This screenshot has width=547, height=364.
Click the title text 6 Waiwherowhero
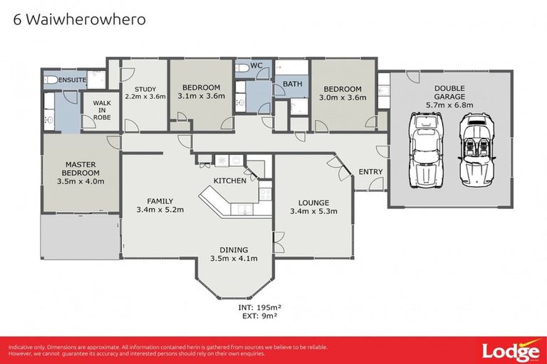coord(80,19)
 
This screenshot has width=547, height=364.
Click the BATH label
coord(292,84)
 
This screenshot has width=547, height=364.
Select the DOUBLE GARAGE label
coord(449,92)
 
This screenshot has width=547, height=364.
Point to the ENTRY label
coord(370,172)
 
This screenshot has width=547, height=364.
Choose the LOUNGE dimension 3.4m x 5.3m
coord(313,211)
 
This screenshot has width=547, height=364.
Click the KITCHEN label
coord(230,181)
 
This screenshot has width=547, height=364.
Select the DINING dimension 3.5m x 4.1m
coord(234,258)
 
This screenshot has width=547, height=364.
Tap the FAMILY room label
coord(160,200)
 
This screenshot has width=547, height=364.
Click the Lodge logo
coord(509,350)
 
